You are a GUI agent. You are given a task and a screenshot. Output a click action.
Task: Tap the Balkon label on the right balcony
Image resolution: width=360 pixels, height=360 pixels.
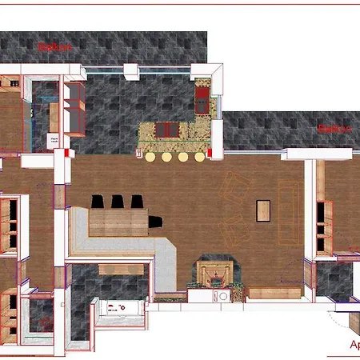(x=335, y=127)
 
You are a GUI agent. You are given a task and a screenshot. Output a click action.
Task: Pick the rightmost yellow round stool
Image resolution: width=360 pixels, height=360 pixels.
(x=200, y=157)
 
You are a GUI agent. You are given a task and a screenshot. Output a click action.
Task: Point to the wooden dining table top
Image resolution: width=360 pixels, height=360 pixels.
(x=118, y=221)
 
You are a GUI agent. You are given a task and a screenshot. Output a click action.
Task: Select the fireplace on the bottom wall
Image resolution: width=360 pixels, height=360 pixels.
(x=214, y=274)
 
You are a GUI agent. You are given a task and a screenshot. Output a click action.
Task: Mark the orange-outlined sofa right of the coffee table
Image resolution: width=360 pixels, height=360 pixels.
(x=290, y=213)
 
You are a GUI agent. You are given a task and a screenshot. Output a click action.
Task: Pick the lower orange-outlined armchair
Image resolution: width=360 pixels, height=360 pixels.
(x=235, y=232)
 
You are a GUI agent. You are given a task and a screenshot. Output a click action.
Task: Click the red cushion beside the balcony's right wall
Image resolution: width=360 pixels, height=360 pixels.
(x=202, y=99)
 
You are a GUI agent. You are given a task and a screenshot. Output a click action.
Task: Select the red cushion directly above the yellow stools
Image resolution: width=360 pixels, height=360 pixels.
(x=168, y=130)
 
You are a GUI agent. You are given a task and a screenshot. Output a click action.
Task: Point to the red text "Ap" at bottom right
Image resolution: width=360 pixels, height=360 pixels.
(x=354, y=346)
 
